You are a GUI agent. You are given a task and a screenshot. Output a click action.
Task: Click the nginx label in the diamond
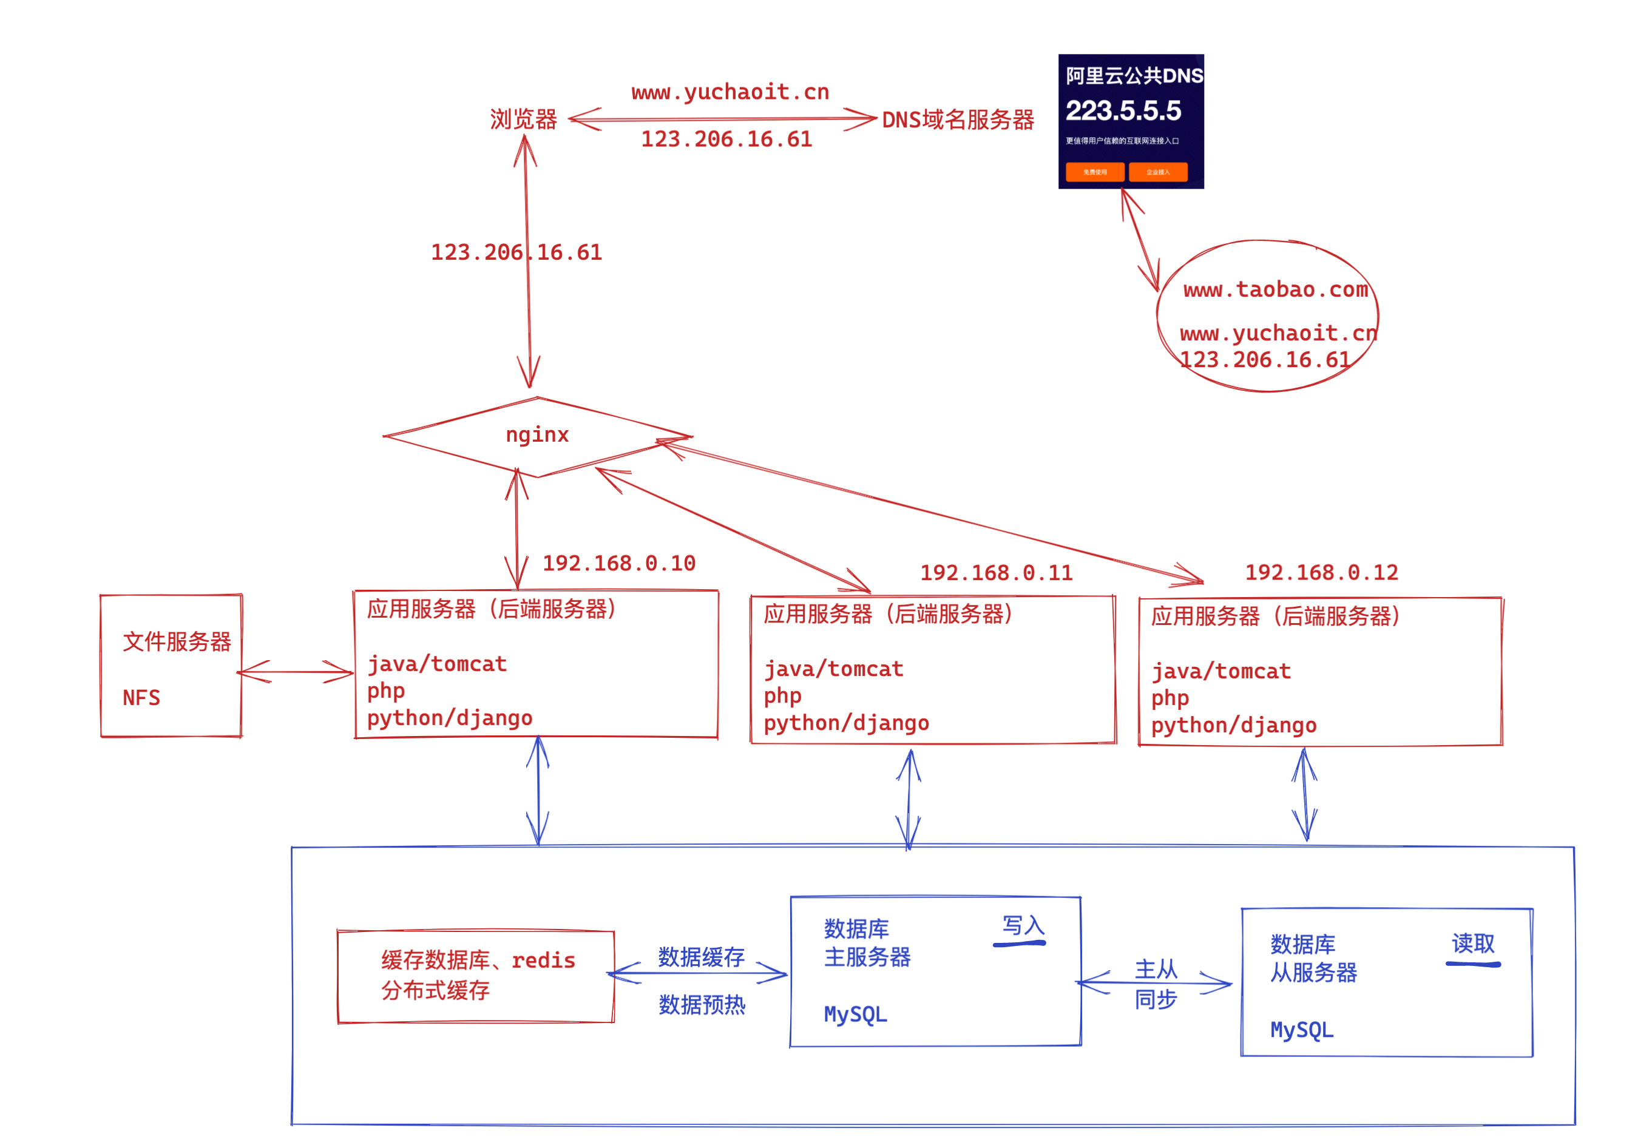point(537,434)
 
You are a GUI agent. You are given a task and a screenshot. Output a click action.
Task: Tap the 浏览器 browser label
point(523,119)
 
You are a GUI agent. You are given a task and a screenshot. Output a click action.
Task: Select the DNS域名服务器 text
point(958,120)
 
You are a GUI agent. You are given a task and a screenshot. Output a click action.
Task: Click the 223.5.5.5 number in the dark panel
point(1123,110)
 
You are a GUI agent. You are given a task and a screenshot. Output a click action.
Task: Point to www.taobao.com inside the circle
point(1275,290)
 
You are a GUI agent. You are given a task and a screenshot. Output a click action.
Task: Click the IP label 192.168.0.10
point(619,563)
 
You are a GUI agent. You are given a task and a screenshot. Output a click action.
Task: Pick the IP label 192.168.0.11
point(997,573)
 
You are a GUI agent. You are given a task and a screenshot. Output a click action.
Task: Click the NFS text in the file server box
point(141,697)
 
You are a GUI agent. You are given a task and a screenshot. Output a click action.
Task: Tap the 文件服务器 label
point(177,642)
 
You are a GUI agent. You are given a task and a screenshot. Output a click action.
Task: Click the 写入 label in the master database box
point(1023,925)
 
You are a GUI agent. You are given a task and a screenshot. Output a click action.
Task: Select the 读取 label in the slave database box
point(1472,944)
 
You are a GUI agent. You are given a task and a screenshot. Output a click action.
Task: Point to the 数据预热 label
point(702,1005)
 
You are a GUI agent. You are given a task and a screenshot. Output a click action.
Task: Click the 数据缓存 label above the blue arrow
point(701,956)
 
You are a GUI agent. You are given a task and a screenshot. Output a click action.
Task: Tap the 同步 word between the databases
point(1155,1000)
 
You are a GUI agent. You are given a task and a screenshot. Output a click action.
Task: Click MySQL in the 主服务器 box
point(855,1014)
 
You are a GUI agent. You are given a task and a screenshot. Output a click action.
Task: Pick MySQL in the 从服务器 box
point(1302,1030)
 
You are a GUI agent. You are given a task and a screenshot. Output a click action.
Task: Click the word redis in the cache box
point(543,961)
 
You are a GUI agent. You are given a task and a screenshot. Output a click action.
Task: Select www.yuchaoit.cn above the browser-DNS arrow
point(730,92)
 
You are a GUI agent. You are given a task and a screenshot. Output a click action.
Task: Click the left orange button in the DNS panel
point(1094,172)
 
